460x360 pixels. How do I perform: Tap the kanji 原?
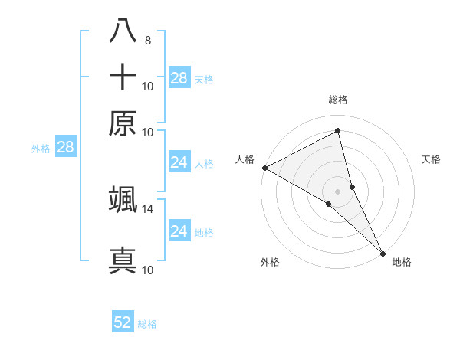point(123,123)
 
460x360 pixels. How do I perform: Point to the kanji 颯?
point(123,199)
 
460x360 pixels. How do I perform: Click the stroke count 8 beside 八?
point(147,41)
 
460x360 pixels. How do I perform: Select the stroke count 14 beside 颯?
point(148,208)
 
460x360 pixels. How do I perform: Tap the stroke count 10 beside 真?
point(148,270)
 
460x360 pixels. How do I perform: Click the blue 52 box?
point(123,322)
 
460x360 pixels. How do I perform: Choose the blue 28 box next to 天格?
point(179,77)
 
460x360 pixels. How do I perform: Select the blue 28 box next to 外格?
point(65,148)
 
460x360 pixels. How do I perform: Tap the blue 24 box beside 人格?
point(179,162)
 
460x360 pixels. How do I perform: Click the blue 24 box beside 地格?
point(179,231)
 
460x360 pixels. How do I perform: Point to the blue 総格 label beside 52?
point(147,324)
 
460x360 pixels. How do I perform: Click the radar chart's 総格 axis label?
point(338,100)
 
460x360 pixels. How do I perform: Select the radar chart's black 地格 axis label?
point(402,262)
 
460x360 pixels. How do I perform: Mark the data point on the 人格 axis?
point(264,168)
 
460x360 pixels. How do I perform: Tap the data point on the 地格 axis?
point(383,253)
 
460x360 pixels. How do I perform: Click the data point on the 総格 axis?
point(338,131)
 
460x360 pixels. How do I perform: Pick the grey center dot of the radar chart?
point(338,191)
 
